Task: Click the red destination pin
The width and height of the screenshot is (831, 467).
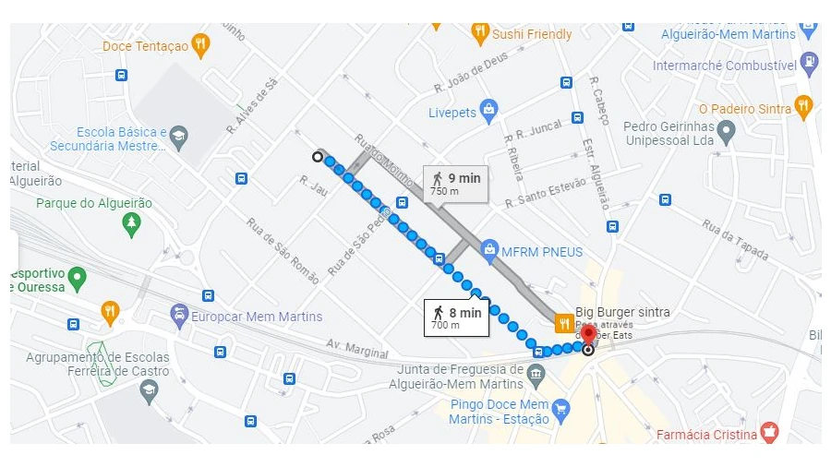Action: coord(588,333)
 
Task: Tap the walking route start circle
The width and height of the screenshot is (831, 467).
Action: coord(318,157)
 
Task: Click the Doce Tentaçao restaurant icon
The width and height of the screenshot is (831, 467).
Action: coord(200,45)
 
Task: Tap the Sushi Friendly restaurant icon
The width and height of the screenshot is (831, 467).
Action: coord(479,34)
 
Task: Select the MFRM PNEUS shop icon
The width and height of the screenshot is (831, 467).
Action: coord(488,251)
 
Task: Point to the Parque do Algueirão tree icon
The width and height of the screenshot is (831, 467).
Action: coord(132,222)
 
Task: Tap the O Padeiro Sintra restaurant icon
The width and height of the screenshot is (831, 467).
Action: coord(803,108)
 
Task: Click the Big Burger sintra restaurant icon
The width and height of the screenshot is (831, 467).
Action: coord(563,322)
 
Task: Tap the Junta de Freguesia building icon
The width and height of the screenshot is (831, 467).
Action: coord(536,375)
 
